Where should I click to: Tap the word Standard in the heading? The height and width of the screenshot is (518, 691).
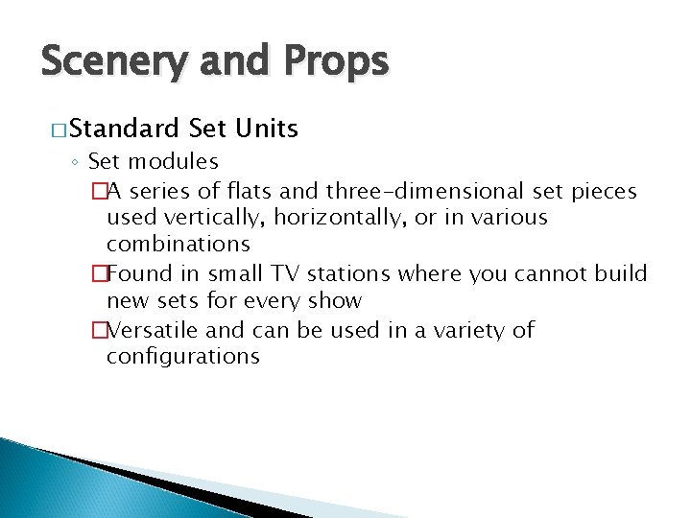pos(124,128)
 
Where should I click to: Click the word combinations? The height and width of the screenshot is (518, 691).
pos(178,245)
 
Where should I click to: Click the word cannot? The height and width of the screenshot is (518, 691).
pos(530,273)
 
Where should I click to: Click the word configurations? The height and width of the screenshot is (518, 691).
pos(182,357)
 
